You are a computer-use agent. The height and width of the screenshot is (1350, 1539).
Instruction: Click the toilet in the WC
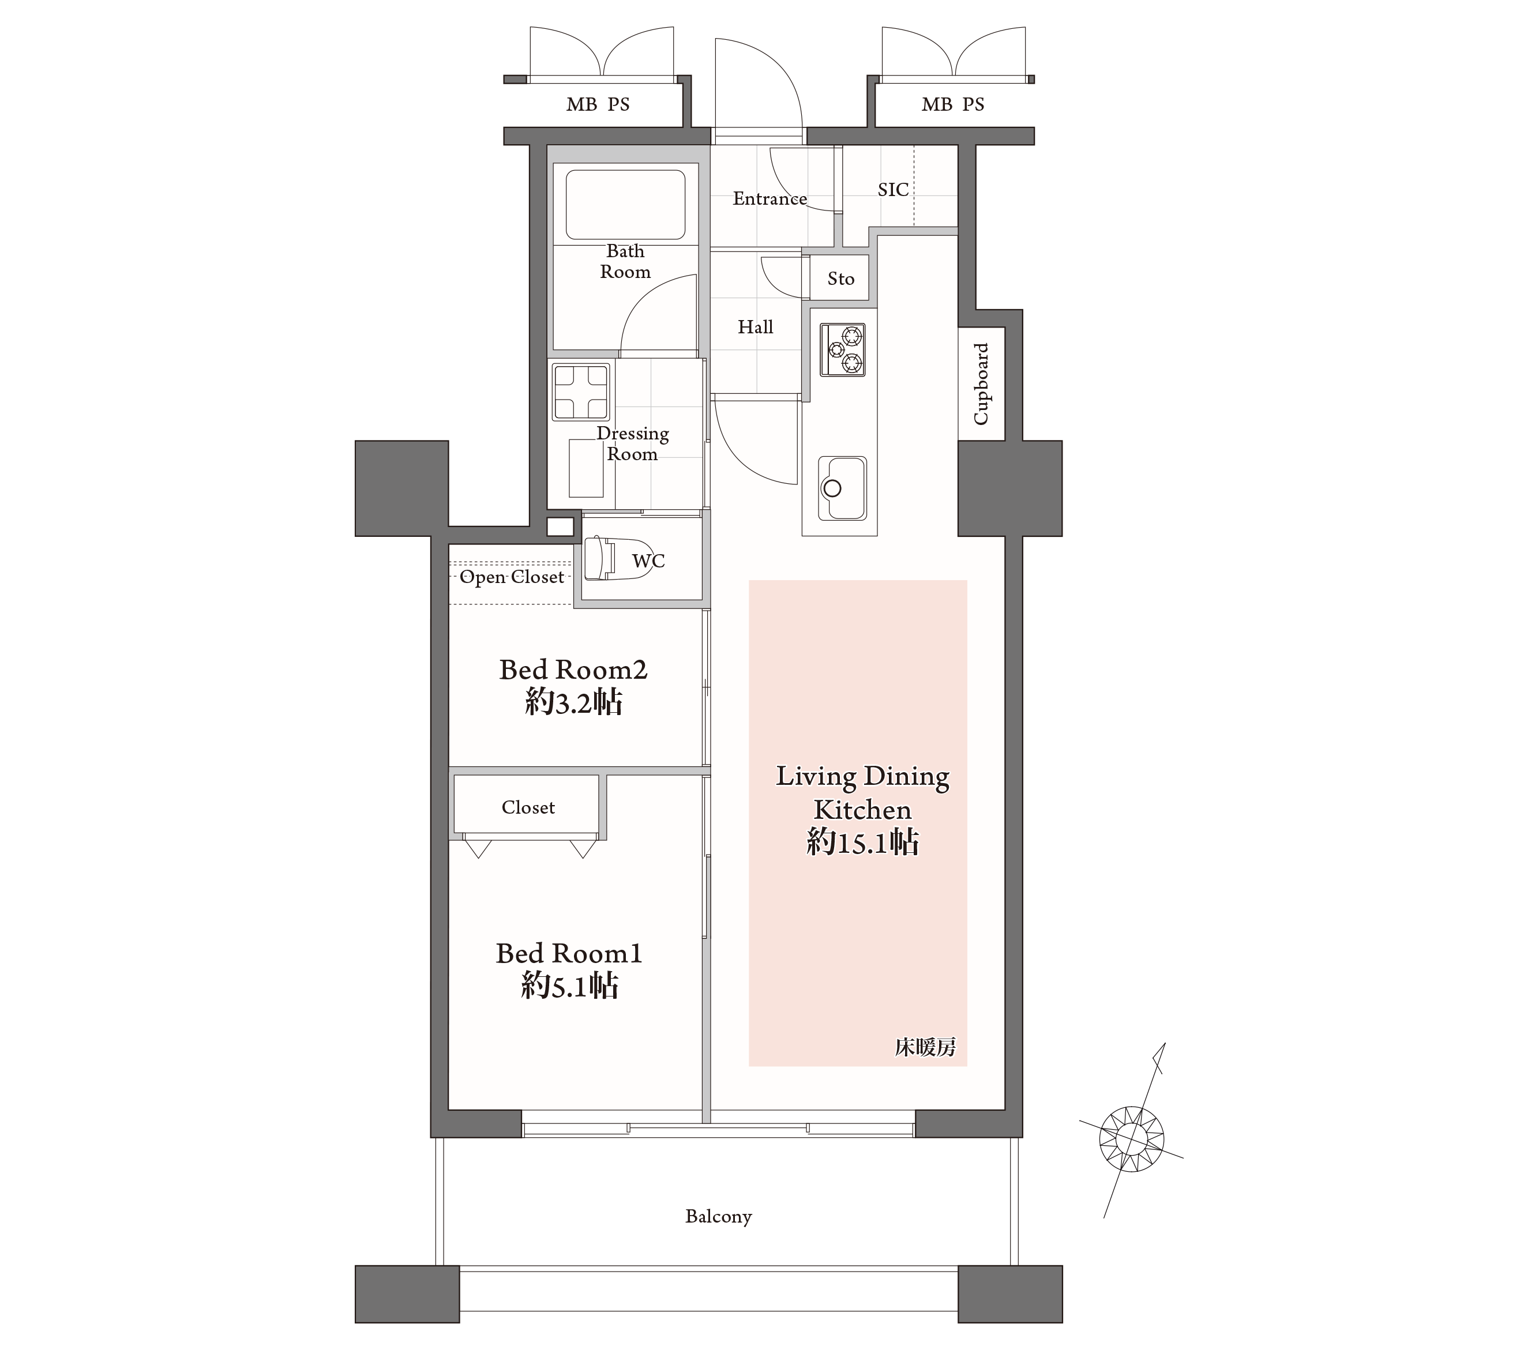617,558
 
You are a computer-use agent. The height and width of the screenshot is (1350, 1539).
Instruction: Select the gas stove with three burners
843,349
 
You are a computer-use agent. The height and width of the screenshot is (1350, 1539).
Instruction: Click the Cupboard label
981,384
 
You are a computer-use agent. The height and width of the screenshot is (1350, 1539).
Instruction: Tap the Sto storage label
841,279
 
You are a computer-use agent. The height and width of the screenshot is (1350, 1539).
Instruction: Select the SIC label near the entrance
893,190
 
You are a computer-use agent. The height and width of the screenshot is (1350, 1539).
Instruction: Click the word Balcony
718,1217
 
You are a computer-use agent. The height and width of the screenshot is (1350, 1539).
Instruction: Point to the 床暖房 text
925,1047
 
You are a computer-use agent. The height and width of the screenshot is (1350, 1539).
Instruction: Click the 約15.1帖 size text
863,843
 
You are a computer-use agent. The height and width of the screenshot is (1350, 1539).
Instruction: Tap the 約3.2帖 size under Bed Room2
574,702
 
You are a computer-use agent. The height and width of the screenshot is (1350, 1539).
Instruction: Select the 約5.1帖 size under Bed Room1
570,986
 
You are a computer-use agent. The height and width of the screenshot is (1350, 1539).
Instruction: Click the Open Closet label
512,577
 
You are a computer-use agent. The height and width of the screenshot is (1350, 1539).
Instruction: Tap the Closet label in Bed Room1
528,807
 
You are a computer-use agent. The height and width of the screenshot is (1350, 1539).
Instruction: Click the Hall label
755,327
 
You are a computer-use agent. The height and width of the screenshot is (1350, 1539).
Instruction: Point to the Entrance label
769,199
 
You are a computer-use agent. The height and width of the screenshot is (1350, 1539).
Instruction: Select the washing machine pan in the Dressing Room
580,392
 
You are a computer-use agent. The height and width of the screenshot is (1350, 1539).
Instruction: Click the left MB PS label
598,104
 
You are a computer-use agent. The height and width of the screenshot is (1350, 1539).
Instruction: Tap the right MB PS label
953,104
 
